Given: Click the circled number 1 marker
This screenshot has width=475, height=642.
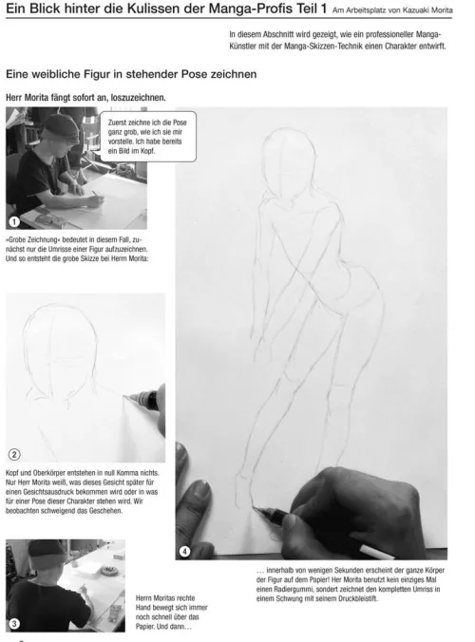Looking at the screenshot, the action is point(14,221).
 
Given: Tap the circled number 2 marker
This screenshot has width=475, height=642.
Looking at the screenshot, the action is point(14,455).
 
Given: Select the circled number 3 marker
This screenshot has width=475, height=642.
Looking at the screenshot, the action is point(14,624).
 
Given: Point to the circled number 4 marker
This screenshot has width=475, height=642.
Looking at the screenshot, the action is point(184,552).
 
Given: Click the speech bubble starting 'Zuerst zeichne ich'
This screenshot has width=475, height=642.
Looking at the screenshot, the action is point(147,137).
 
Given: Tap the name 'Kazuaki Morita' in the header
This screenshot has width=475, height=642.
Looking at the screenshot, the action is point(427,10).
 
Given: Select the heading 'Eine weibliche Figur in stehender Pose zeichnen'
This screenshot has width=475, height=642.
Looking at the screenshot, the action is point(131,74).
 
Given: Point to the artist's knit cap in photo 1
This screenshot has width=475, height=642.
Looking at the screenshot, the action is point(61,127).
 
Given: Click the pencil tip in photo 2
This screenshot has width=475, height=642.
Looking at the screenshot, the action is point(124,396).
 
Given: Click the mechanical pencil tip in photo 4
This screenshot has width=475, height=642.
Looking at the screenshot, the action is point(253,507).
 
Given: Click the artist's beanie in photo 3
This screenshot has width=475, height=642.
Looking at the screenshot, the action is point(46,553).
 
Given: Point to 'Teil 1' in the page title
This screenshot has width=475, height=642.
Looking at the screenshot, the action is point(312,9).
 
